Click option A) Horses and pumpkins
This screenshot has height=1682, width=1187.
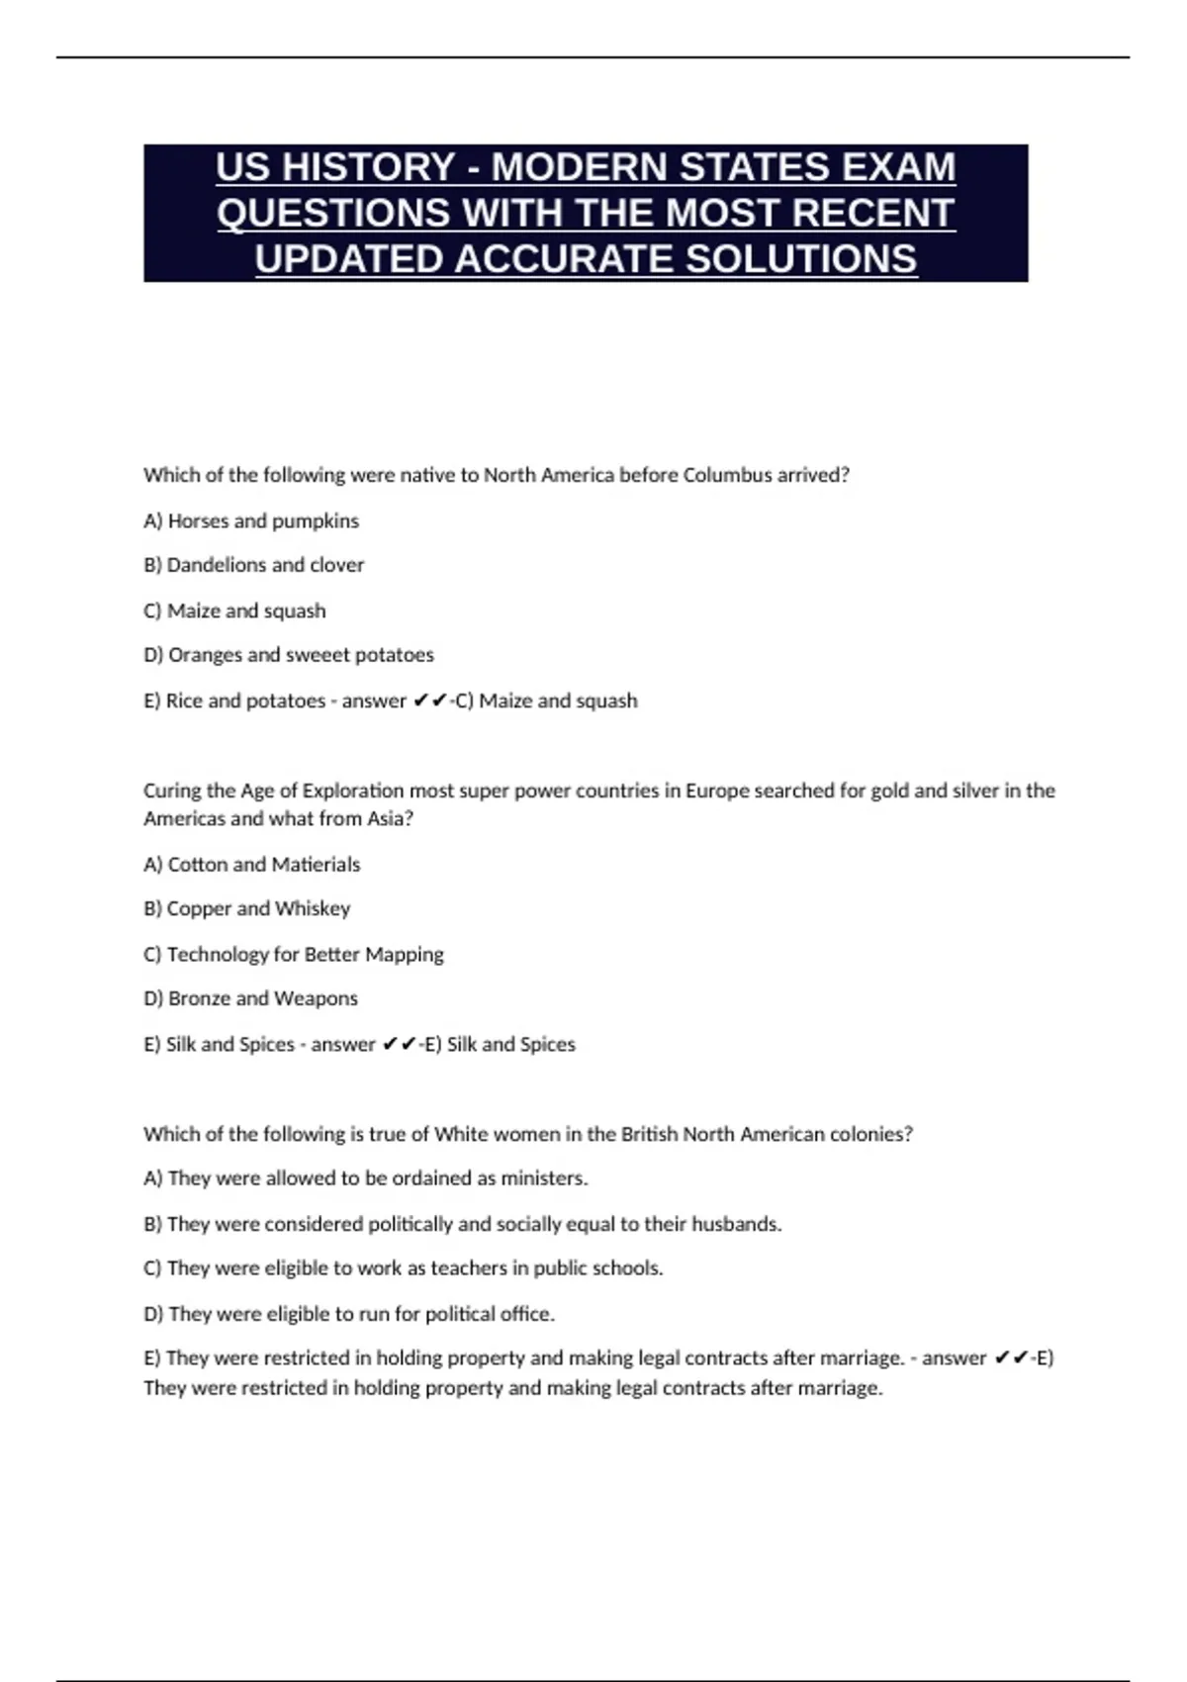click(x=251, y=520)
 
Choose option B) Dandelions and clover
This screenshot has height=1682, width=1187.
click(x=254, y=565)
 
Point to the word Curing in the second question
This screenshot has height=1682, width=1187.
click(x=170, y=791)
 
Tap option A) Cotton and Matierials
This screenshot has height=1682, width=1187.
click(x=252, y=865)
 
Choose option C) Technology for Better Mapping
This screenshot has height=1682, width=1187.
click(x=294, y=955)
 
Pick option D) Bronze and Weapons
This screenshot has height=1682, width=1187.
click(x=251, y=998)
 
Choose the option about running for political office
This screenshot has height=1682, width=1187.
click(x=349, y=1314)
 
